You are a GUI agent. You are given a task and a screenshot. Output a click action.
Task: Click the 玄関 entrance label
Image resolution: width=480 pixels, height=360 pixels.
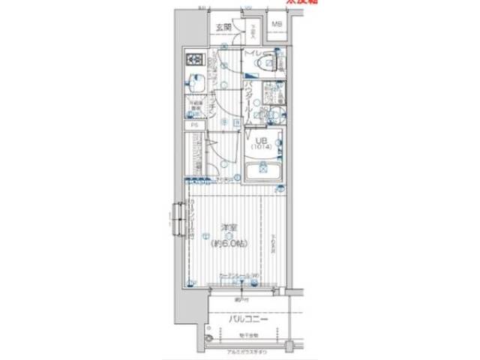point(223,28)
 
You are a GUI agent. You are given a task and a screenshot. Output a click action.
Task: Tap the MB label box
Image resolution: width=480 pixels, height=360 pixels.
point(277,25)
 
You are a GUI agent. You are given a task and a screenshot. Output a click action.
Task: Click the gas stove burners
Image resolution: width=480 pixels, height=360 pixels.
point(194,59)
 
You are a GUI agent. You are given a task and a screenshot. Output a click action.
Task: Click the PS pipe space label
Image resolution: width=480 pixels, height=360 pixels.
point(194,125)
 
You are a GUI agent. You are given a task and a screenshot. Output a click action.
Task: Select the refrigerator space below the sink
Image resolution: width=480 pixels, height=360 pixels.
point(194,108)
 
